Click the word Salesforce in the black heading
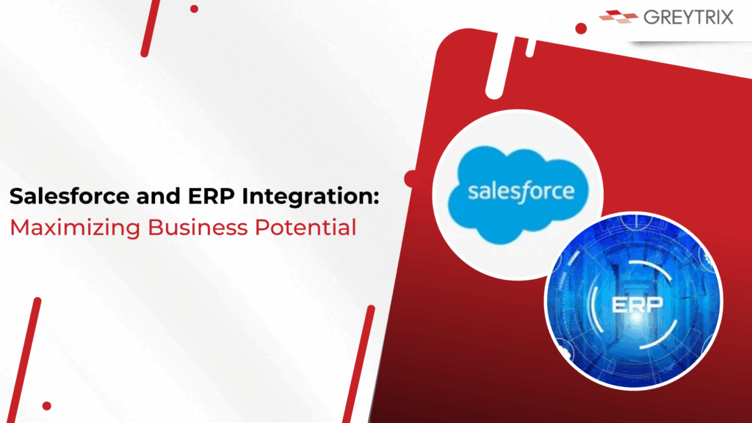point(70,196)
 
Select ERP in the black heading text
point(211,196)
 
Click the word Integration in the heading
point(306,197)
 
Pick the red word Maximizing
point(75,228)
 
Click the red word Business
point(198,228)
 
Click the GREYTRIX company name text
point(688,18)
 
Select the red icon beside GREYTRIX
point(618,17)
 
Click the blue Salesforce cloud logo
point(518,194)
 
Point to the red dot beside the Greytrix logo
point(581,29)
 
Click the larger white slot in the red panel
point(499,65)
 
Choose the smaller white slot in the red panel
point(530,47)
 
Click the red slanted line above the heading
point(150,28)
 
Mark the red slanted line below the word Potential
point(359,364)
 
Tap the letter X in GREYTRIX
point(724,18)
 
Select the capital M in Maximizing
point(19,228)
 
